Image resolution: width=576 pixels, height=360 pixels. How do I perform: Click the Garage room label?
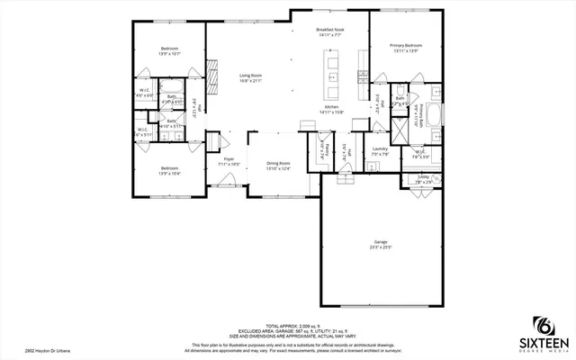point(381,242)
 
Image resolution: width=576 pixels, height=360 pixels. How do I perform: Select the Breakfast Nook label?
point(331,30)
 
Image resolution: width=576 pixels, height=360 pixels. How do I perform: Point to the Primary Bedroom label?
point(407,45)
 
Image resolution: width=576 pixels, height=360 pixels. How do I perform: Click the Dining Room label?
point(278,163)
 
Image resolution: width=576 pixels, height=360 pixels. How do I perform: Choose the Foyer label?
point(229,159)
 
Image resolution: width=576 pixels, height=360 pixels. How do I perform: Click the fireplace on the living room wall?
point(211,71)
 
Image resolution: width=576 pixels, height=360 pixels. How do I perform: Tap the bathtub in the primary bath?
point(433,115)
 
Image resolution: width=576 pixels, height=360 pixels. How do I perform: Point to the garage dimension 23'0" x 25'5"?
point(381,247)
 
